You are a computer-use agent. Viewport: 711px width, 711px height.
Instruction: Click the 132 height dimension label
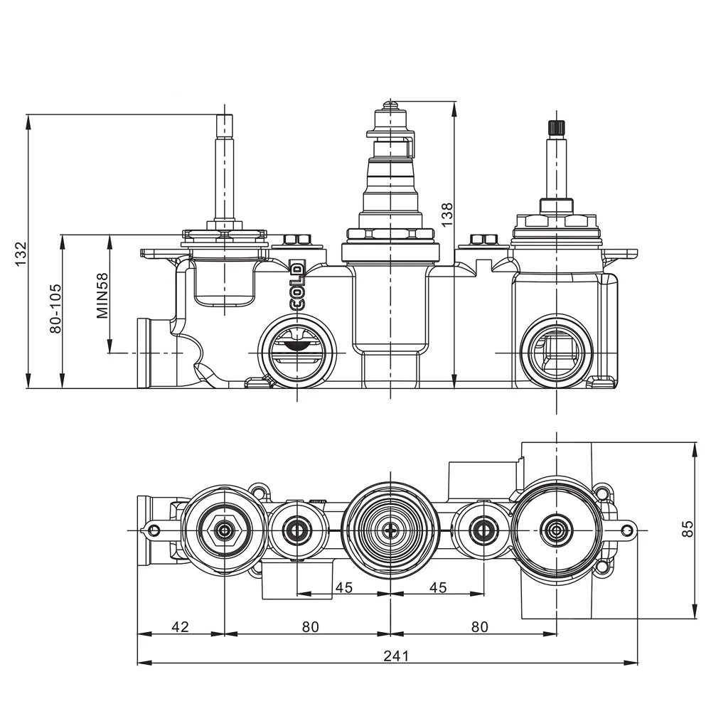click(21, 252)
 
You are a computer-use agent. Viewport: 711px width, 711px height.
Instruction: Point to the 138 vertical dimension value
click(447, 214)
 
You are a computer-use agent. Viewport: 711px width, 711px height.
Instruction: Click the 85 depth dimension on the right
click(686, 529)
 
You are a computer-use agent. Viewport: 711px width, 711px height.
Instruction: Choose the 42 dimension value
click(181, 626)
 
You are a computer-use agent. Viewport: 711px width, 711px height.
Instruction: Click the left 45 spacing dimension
click(344, 587)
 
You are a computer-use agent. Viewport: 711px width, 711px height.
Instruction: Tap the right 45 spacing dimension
click(439, 587)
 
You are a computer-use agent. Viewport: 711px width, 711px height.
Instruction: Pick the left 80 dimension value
click(310, 626)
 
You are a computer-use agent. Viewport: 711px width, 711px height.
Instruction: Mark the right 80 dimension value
click(480, 626)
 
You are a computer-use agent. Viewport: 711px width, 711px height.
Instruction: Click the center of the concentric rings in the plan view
click(390, 530)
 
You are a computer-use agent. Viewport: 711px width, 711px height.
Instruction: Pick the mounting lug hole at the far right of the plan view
click(626, 530)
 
